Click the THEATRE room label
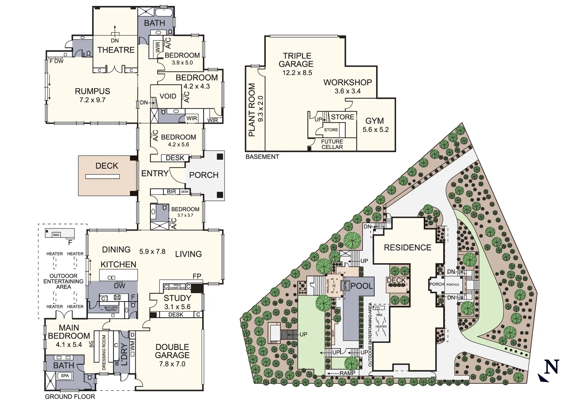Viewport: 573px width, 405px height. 116,50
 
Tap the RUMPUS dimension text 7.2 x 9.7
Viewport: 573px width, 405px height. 92,100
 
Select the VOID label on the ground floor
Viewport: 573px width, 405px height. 168,96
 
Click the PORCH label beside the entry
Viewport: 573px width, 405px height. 204,175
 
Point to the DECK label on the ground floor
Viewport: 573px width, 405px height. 106,166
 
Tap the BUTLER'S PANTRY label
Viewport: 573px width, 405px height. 111,309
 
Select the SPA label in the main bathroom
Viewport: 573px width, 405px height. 64,376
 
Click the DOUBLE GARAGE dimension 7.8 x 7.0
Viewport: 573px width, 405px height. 172,364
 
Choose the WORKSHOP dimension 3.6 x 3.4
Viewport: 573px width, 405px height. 348,91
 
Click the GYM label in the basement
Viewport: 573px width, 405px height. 375,121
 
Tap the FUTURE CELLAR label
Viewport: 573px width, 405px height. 332,144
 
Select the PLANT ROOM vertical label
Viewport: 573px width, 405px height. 252,109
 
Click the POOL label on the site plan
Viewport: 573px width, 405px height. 361,286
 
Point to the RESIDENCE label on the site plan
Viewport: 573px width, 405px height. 407,247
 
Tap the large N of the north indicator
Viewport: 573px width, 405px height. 551,367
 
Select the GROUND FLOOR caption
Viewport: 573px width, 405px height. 70,397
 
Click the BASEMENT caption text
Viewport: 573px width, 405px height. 262,157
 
